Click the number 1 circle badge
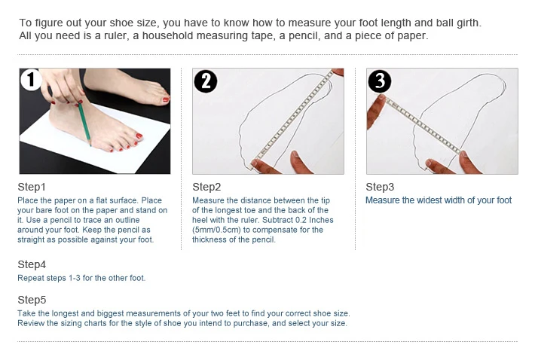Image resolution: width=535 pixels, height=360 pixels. (x=31, y=80)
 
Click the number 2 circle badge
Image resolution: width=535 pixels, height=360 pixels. (x=206, y=81)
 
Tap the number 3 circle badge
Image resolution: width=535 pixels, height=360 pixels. (x=380, y=81)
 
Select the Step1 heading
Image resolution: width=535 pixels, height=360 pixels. (x=32, y=187)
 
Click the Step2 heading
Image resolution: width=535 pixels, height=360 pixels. (x=206, y=187)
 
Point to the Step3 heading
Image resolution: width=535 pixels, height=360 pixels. (x=380, y=187)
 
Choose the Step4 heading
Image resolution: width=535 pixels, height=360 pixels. (x=32, y=264)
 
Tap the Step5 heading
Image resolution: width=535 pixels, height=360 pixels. (x=32, y=300)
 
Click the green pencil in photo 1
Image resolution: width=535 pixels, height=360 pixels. (x=84, y=123)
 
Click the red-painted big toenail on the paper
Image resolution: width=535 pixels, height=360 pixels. (x=139, y=136)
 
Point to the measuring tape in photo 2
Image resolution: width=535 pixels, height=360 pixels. (x=292, y=117)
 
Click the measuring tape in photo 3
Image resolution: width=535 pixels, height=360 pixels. (x=423, y=125)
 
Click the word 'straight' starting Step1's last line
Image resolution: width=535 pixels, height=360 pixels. (x=31, y=239)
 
